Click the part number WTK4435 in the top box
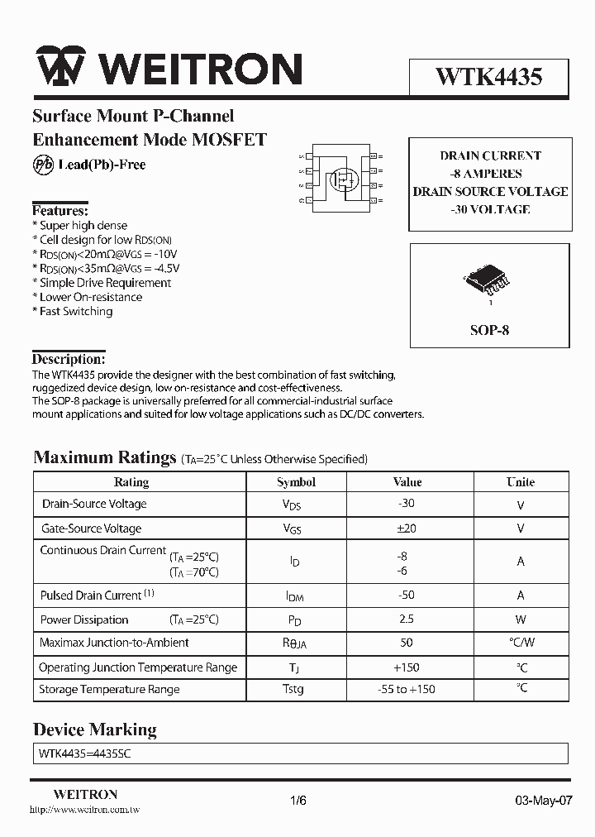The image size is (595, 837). point(488,77)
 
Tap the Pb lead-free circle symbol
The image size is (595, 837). point(43,165)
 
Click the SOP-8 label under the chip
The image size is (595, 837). point(489,330)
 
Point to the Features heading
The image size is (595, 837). point(59,211)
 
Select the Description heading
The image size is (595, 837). point(69,360)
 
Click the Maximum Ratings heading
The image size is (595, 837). point(105,457)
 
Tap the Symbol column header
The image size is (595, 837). point(296,482)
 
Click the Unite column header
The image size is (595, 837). point(520,482)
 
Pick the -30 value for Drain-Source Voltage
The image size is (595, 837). point(406,504)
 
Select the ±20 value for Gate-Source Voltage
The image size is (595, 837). point(406,529)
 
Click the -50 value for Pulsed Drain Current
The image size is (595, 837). point(406,595)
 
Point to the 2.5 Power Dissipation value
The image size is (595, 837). point(406,619)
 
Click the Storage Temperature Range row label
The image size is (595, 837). point(109,689)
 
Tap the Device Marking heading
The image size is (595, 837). point(94,729)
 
